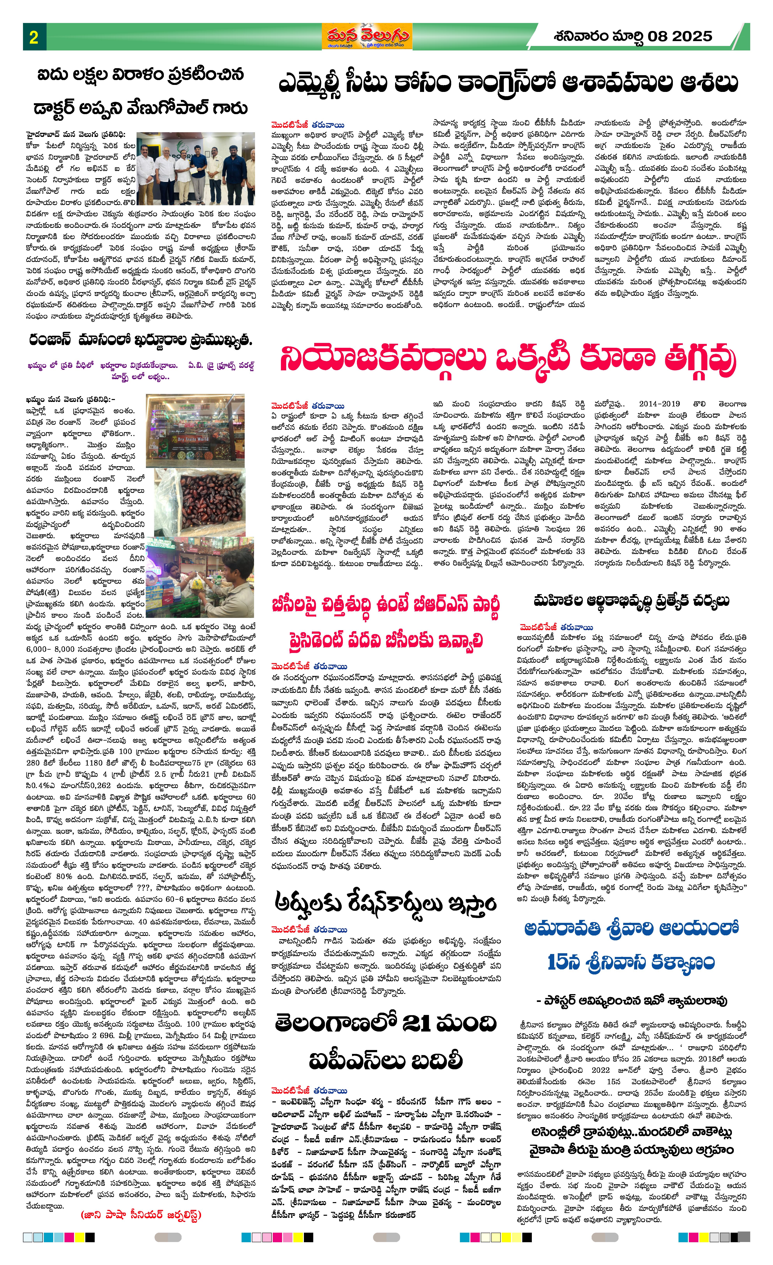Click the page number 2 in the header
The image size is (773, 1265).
[x=34, y=37]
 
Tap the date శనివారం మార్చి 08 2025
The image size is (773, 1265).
[x=633, y=36]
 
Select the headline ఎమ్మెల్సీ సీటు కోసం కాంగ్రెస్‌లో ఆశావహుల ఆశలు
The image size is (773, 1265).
[x=508, y=83]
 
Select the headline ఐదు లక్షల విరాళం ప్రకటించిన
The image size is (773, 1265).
[x=140, y=75]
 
